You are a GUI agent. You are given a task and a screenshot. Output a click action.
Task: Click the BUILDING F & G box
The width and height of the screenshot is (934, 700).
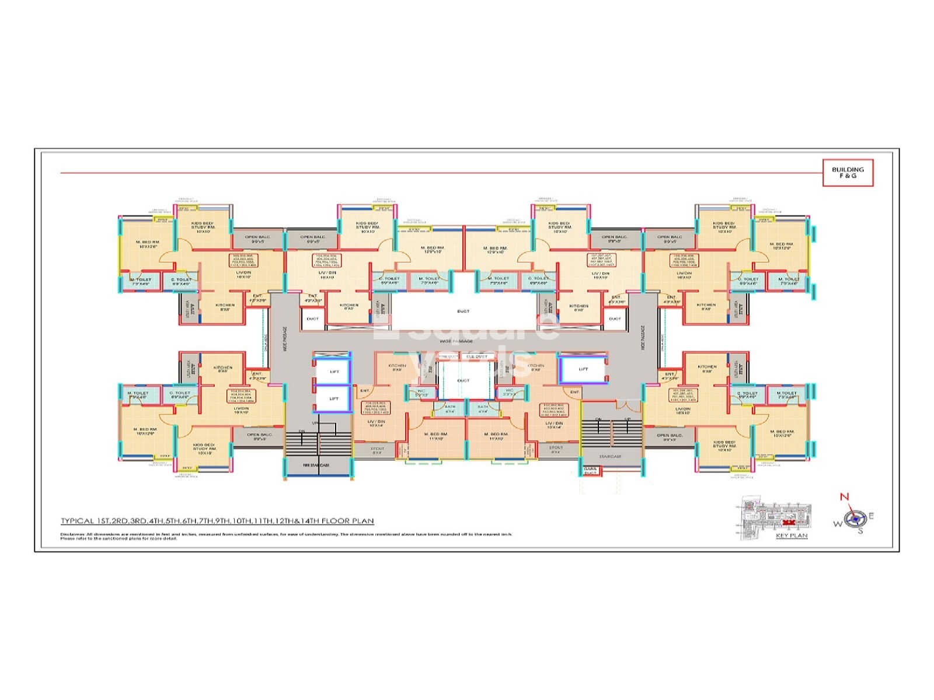pyautogui.click(x=848, y=172)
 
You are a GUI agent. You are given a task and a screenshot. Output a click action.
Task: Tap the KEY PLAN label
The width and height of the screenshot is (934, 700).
pyautogui.click(x=792, y=535)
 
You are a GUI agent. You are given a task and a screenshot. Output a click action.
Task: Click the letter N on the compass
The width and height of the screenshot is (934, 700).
pyautogui.click(x=844, y=497)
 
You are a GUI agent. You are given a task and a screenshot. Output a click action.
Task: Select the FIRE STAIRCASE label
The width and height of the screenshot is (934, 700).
pyautogui.click(x=316, y=465)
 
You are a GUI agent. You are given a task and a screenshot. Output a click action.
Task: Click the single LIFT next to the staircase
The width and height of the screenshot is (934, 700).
pyautogui.click(x=583, y=369)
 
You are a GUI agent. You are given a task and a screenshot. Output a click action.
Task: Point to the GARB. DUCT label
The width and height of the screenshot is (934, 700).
pyautogui.click(x=590, y=471)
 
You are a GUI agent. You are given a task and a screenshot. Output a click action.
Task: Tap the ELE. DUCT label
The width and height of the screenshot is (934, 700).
pyautogui.click(x=476, y=356)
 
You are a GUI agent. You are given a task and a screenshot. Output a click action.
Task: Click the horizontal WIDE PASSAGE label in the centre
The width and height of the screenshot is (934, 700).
pyautogui.click(x=456, y=341)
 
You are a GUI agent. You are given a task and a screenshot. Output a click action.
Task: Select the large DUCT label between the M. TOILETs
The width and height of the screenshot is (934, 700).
pyautogui.click(x=463, y=311)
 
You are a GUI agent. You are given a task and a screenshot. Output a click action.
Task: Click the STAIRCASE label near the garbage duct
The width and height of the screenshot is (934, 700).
pyautogui.click(x=611, y=456)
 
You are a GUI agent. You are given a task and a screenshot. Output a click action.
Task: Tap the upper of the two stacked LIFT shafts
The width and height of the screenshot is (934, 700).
pyautogui.click(x=334, y=372)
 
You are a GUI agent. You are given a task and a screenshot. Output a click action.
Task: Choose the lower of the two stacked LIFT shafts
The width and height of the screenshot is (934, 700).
pyautogui.click(x=334, y=399)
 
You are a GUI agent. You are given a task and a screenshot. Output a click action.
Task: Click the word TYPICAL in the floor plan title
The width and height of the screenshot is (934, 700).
pyautogui.click(x=78, y=521)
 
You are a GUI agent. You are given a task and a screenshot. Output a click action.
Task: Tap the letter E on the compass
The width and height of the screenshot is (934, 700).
pyautogui.click(x=871, y=516)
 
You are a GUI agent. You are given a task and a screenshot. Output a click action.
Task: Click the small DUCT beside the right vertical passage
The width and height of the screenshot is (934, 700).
pyautogui.click(x=615, y=318)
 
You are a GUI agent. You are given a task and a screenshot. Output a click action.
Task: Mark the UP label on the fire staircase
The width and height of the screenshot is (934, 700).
pyautogui.click(x=315, y=423)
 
